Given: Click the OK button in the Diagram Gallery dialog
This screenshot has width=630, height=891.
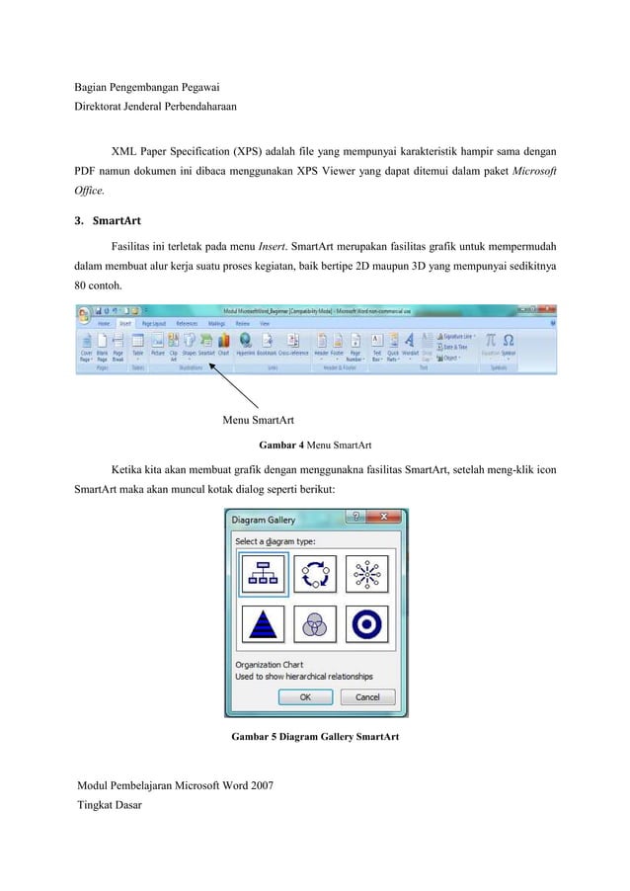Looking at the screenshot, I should (x=305, y=696).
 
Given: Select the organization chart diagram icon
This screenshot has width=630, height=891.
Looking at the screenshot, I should (x=263, y=573).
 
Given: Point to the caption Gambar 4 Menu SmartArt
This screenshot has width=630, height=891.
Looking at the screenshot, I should (x=314, y=445).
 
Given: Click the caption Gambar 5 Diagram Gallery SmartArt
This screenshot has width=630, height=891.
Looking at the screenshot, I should (x=315, y=737).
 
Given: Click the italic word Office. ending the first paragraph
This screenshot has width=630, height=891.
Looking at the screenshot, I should (x=94, y=195).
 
